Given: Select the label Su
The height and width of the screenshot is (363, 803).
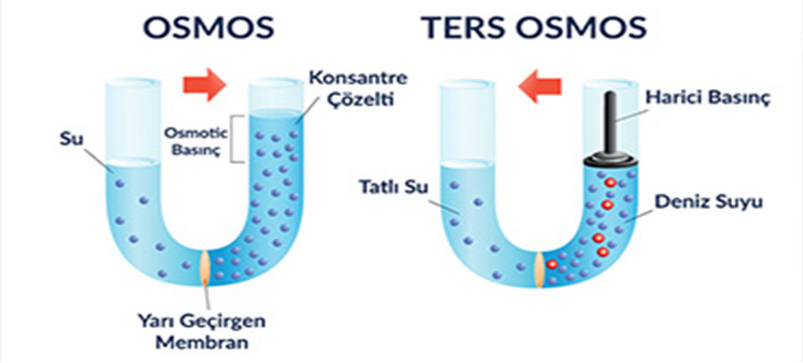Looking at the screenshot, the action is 71,140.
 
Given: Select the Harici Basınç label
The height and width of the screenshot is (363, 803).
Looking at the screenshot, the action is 695,97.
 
